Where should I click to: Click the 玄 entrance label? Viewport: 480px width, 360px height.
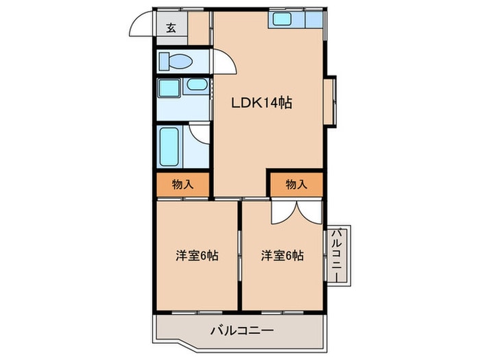click(171, 28)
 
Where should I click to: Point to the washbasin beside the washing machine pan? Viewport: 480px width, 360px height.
click(196, 86)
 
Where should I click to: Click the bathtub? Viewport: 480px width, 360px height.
click(169, 146)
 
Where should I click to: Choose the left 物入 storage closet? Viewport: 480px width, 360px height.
click(181, 184)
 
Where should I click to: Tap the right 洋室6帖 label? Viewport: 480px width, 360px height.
click(282, 256)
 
